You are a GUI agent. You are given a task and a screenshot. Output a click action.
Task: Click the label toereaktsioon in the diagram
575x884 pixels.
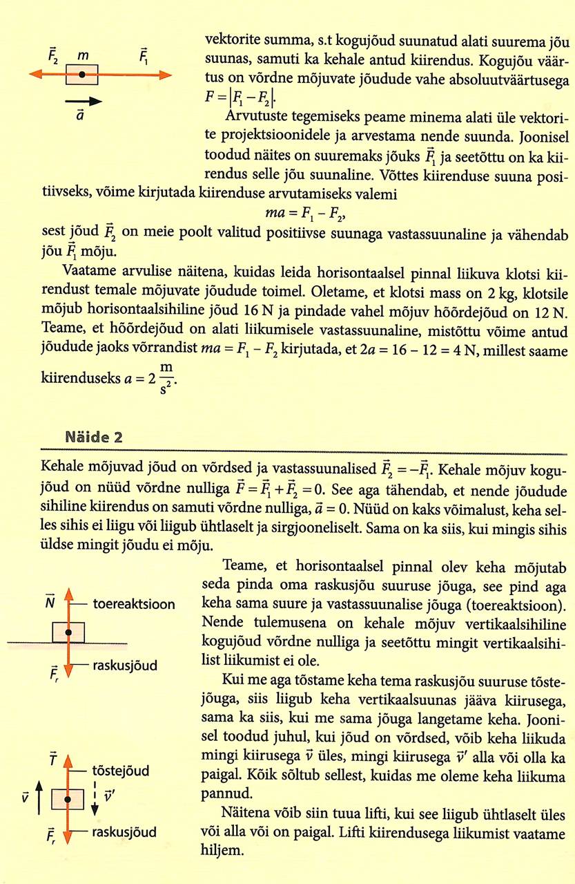134,603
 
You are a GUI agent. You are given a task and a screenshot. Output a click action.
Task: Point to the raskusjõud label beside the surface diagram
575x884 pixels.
125,666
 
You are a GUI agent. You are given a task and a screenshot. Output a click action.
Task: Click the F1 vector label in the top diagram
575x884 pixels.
144,55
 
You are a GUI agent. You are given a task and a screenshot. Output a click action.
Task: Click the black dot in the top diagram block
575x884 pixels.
82,74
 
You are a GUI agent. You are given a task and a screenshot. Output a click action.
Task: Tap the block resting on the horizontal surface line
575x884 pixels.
68,632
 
